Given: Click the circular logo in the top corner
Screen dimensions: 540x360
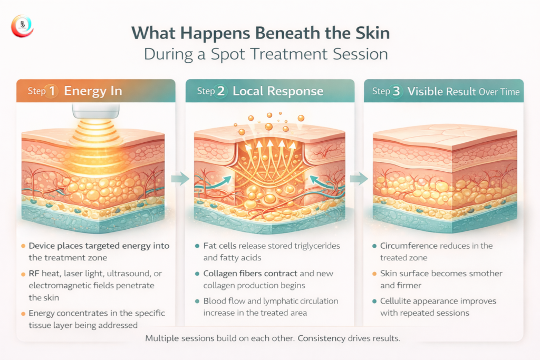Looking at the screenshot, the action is (22, 26).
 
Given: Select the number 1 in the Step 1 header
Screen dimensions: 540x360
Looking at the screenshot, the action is (52, 91).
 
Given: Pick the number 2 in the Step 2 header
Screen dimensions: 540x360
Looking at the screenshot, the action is (221, 91).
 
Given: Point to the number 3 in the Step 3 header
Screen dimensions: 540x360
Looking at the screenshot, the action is (397, 91).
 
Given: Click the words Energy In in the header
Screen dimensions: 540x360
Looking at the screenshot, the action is (93, 91).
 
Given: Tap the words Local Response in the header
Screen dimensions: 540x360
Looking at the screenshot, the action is (278, 91).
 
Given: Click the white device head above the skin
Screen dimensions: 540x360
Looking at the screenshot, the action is (96, 111).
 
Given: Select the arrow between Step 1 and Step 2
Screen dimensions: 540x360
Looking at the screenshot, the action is (180, 179).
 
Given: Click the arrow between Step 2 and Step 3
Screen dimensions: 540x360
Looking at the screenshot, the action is (359, 179).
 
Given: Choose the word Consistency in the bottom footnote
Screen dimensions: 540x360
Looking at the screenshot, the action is (321, 338).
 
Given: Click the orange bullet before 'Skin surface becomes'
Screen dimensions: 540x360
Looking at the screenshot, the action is (374, 274).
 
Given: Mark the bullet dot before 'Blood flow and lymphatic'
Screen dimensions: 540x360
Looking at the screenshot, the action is (197, 301).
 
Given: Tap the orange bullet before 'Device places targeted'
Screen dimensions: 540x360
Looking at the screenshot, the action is (23, 246).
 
